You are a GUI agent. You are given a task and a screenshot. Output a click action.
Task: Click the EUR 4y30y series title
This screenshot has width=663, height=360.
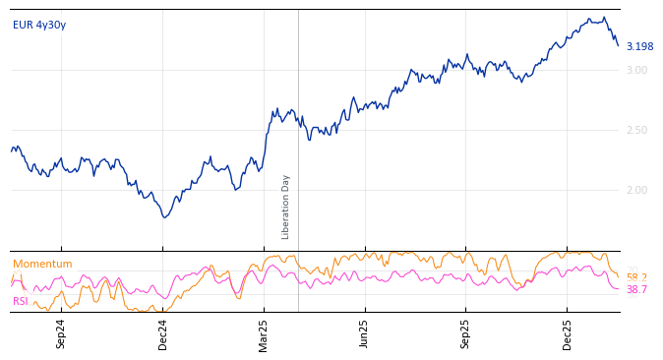pos(39,26)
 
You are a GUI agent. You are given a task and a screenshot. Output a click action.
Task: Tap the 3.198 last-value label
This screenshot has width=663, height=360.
pos(639,47)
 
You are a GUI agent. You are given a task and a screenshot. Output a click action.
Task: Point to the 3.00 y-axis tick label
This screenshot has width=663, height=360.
pos(636,71)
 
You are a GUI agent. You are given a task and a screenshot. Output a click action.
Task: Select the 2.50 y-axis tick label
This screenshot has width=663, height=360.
pos(636,131)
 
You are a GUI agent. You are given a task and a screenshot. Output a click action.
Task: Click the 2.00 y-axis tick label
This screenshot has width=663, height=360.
pos(636,191)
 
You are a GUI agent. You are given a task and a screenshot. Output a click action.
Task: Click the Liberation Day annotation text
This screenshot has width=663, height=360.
pos(286,207)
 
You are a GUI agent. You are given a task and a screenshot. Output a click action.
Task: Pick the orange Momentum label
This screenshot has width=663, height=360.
pos(42,265)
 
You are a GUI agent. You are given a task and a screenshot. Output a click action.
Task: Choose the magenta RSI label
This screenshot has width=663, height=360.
pos(21,302)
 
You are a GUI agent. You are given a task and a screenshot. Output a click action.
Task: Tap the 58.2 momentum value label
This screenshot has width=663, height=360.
pos(636,278)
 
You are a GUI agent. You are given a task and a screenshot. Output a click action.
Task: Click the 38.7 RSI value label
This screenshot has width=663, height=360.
pos(636,290)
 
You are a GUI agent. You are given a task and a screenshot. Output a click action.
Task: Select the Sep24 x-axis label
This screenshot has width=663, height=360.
pos(61,333)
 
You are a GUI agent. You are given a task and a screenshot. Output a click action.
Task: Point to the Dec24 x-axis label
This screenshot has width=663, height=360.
pos(163,333)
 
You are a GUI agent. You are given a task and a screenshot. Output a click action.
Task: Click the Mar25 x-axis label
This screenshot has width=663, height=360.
pos(264,333)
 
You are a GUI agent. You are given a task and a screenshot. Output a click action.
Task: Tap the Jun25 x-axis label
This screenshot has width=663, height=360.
pos(364,333)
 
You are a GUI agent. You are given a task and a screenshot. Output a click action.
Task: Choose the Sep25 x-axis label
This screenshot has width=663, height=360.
pos(466,333)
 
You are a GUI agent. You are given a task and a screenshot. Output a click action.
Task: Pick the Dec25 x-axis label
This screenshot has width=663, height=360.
pos(568,333)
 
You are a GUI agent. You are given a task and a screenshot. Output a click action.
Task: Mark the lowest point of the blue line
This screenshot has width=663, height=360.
pos(165,217)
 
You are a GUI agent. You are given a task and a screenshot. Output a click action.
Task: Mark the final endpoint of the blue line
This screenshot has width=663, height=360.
pos(619,45)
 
